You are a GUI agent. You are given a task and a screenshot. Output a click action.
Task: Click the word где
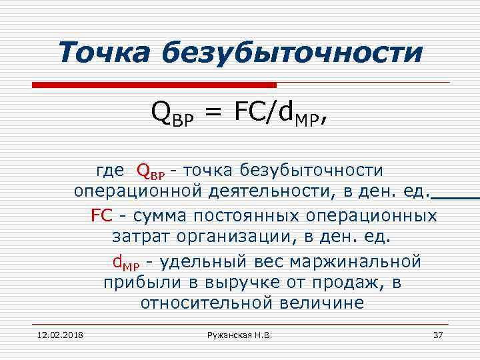coord(110,171)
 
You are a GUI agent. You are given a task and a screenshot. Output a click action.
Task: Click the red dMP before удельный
coord(125,260)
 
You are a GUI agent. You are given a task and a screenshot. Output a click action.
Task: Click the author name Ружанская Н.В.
coord(241,334)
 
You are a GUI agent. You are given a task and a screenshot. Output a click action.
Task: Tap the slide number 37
coord(438,334)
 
